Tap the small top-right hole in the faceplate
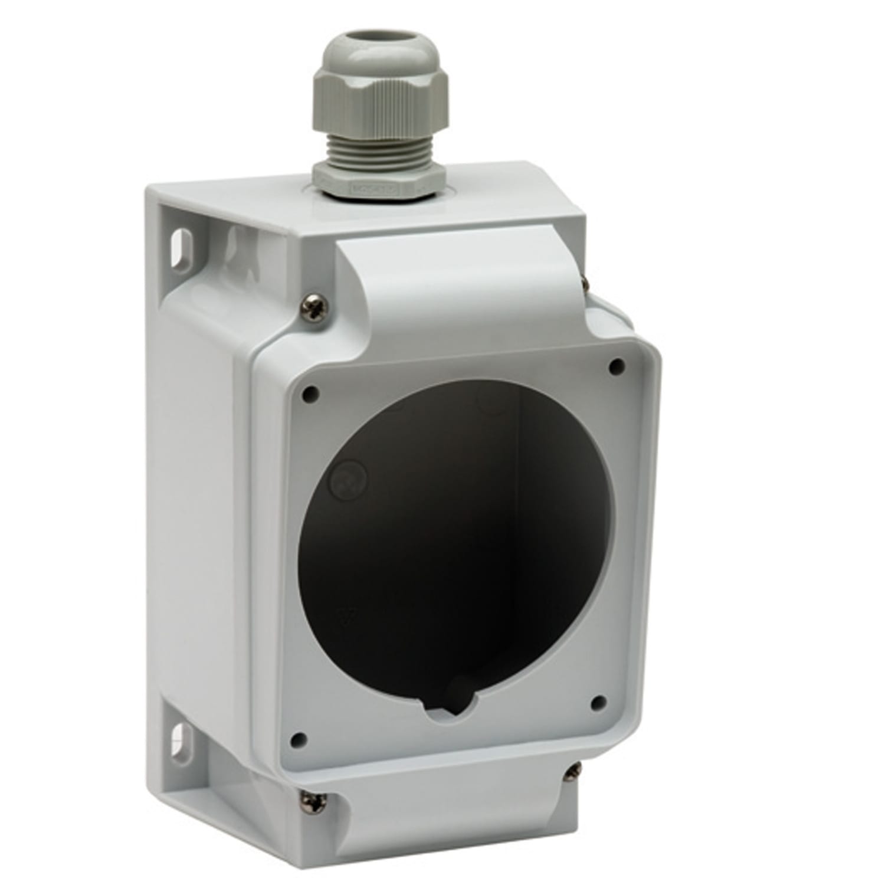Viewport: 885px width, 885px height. (x=617, y=366)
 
